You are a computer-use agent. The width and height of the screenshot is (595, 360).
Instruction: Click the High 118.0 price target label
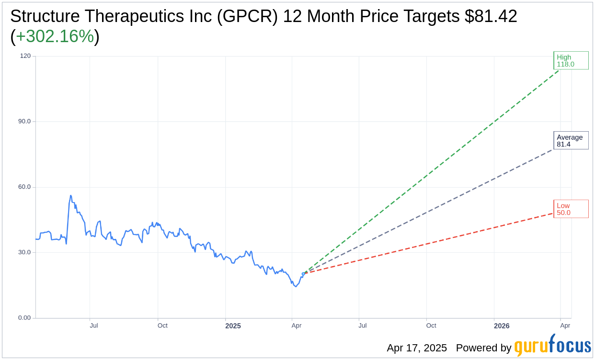(x=571, y=60)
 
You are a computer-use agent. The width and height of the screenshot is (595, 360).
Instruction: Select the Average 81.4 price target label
(x=571, y=140)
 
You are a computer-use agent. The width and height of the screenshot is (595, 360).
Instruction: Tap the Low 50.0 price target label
(x=571, y=209)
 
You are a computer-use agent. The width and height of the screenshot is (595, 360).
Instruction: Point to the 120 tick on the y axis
(x=25, y=56)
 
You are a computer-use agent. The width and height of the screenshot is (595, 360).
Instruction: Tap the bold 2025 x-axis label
(x=233, y=326)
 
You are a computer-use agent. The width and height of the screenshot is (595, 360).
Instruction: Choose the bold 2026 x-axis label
(x=502, y=326)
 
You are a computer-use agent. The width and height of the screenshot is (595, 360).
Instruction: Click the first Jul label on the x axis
(x=94, y=326)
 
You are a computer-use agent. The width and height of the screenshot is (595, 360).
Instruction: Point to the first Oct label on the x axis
(x=162, y=326)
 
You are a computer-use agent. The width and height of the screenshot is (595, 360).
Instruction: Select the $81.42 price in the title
(x=491, y=17)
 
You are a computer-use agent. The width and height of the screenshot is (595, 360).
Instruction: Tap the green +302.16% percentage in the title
(x=55, y=37)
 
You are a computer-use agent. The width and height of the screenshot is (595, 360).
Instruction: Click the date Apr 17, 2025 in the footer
(x=417, y=348)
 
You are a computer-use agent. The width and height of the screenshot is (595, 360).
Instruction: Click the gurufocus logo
(x=552, y=346)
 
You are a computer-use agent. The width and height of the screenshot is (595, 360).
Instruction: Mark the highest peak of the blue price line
(x=71, y=195)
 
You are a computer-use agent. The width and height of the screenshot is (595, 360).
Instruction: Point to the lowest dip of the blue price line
(x=296, y=286)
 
